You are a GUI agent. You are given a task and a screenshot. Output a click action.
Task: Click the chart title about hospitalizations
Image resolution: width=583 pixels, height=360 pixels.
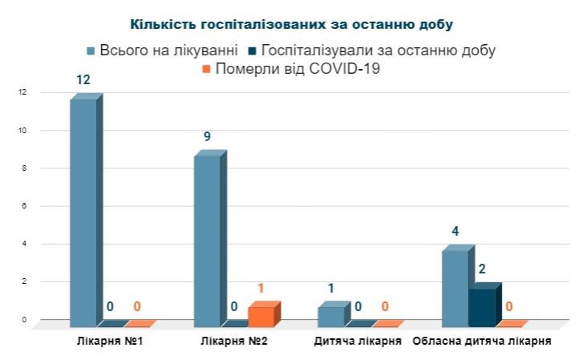[291, 24]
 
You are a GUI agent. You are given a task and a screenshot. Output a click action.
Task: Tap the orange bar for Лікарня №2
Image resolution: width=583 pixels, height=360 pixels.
[261, 315]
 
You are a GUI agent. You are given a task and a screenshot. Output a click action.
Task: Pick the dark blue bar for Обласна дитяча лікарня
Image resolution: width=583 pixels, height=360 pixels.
[482, 306]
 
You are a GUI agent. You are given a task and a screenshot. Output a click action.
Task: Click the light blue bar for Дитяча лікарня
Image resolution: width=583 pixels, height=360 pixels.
[330, 316]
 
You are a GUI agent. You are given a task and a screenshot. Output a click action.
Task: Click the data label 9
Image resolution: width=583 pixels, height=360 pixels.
[207, 136]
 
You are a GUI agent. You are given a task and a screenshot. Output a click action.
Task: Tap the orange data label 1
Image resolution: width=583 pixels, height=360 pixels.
[261, 289]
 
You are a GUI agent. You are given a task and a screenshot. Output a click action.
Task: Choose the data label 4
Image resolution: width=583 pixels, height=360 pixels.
[455, 232]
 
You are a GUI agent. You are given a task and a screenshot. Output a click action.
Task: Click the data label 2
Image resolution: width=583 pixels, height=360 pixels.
[482, 269]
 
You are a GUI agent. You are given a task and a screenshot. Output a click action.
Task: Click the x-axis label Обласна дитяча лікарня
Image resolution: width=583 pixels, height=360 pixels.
[481, 341]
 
